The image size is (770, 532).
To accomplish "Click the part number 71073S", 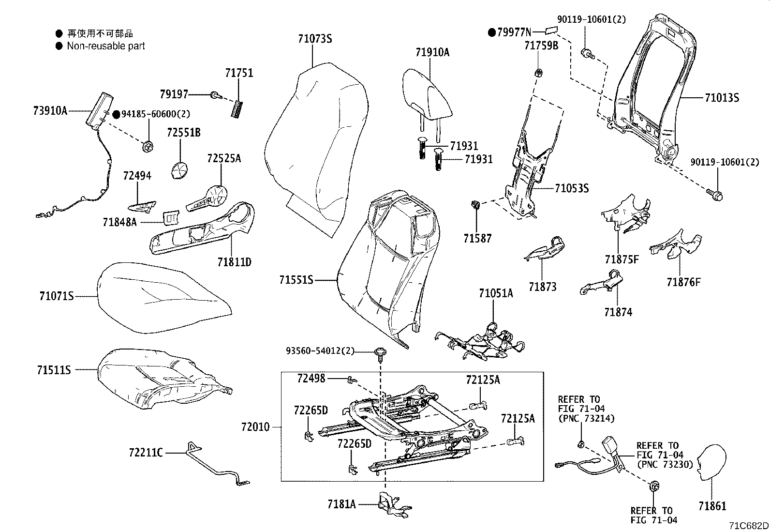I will pos(315,39).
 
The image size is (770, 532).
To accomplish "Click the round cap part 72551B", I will pos(180,171).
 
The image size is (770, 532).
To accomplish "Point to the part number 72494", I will pos(137,176).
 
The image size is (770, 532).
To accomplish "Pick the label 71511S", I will pos(54,370).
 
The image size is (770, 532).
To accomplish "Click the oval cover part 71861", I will pos(714,462).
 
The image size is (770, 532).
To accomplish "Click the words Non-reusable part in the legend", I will pos(105,46).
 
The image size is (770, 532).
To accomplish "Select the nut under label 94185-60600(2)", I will pos(148,145).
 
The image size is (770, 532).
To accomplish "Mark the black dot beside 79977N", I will pos(492,32).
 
